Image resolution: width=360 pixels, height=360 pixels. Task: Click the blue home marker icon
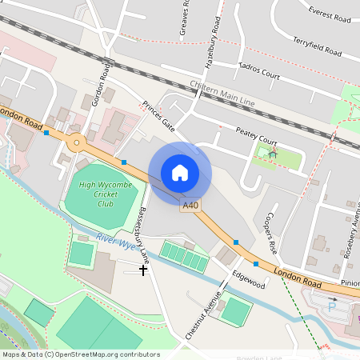click(180, 173)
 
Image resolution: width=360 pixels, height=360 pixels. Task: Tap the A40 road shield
click(190, 206)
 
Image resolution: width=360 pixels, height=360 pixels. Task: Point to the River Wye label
click(114, 240)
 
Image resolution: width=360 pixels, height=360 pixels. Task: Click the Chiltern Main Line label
click(222, 94)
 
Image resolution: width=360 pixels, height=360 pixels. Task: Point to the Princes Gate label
click(158, 115)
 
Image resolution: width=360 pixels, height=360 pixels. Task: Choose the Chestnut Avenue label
click(202, 314)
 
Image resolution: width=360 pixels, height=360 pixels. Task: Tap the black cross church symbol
click(144, 270)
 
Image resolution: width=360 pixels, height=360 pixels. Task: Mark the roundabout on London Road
click(77, 144)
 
